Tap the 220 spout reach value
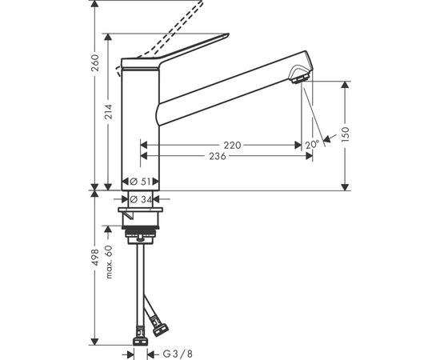[x=232, y=146]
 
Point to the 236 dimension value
[x=217, y=157]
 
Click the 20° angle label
[x=312, y=144]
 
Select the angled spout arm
[x=232, y=88]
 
